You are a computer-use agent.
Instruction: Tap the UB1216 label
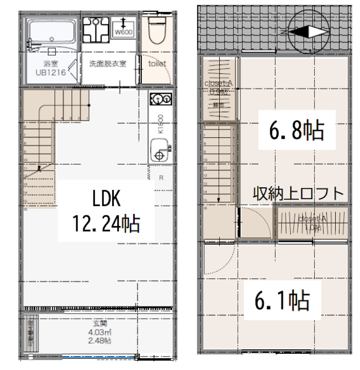click(51, 72)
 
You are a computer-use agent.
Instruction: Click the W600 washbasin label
click(124, 32)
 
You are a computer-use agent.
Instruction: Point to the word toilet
click(158, 64)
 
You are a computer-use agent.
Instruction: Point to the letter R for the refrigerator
click(161, 178)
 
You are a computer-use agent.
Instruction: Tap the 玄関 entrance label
click(99, 324)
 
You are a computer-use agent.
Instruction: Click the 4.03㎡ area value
click(99, 332)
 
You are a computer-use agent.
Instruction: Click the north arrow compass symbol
click(307, 31)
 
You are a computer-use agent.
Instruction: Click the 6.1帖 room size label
click(282, 300)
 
